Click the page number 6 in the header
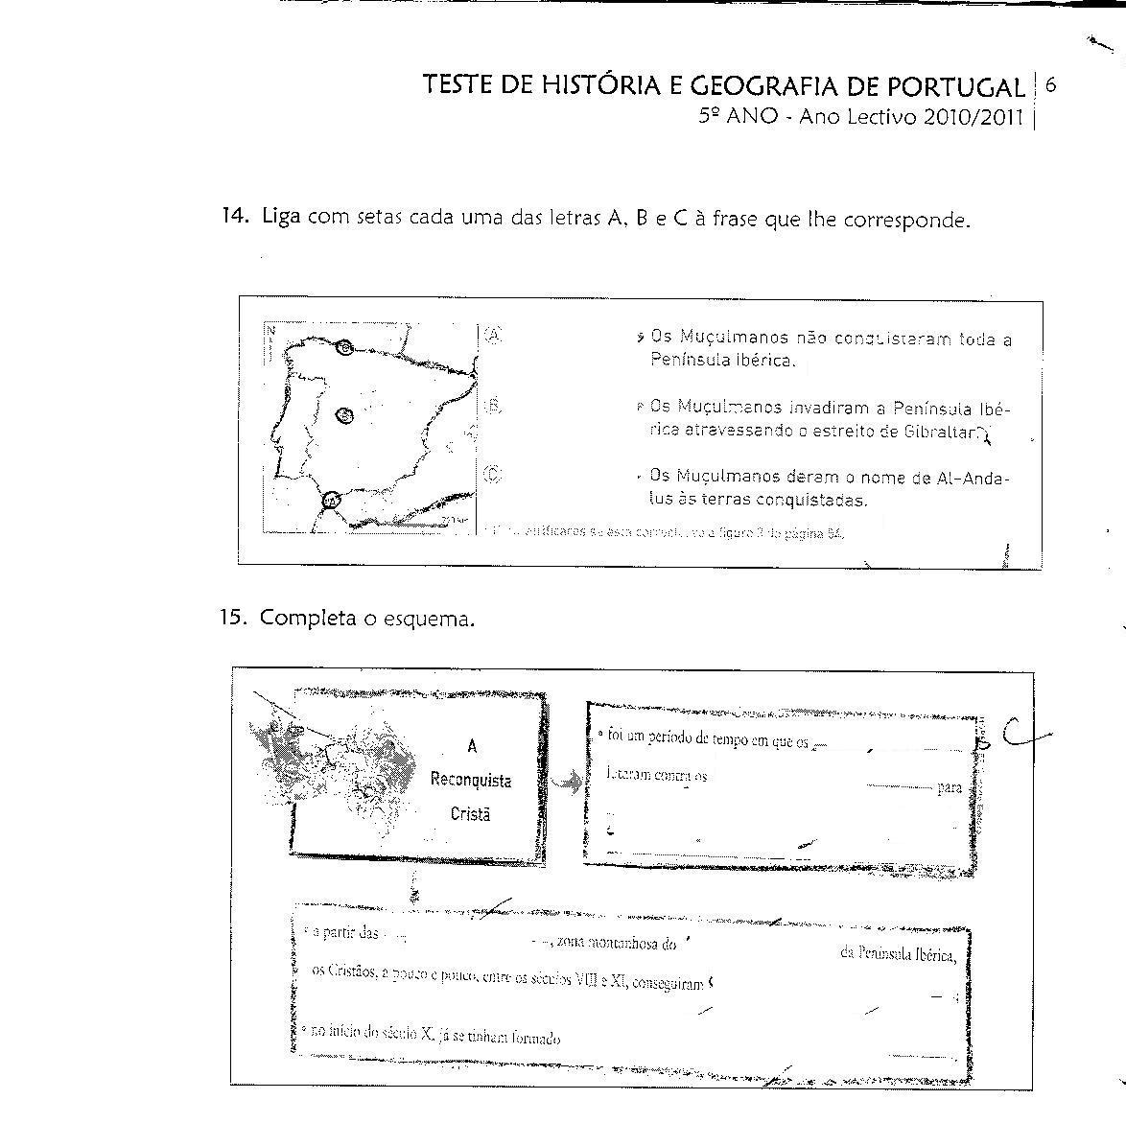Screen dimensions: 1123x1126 click(x=1051, y=84)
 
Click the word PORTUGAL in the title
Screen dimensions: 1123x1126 click(x=955, y=86)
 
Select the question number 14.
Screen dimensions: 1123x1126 click(x=235, y=217)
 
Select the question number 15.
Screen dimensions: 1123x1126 click(x=235, y=618)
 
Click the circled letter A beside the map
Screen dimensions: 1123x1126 click(x=493, y=335)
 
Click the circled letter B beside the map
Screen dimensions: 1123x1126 click(x=493, y=406)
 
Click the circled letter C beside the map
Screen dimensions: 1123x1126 click(x=493, y=474)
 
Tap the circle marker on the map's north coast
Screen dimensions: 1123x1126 click(x=345, y=348)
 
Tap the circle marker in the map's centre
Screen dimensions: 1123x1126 click(x=345, y=414)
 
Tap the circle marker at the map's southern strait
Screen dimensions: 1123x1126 click(x=331, y=500)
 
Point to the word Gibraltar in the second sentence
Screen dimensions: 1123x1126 click(x=939, y=432)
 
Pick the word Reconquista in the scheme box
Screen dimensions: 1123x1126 click(x=471, y=780)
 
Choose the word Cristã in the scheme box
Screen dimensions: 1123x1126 click(x=470, y=814)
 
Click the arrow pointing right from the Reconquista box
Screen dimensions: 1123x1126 click(x=567, y=784)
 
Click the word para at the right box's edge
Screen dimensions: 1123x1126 click(x=950, y=788)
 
